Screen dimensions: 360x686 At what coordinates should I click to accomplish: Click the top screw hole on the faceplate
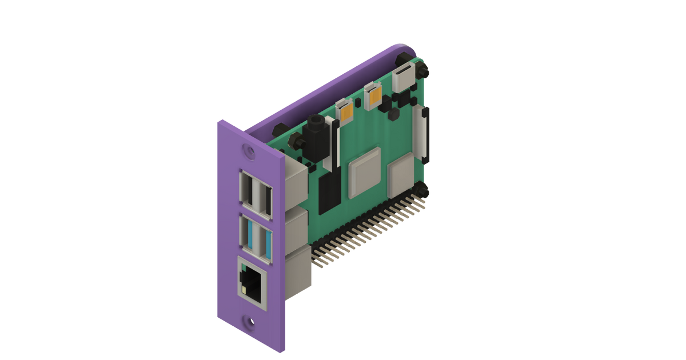coord(248,151)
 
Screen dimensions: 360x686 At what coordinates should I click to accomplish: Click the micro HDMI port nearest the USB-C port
coord(373,94)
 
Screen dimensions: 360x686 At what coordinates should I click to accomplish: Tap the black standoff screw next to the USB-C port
coord(423,70)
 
